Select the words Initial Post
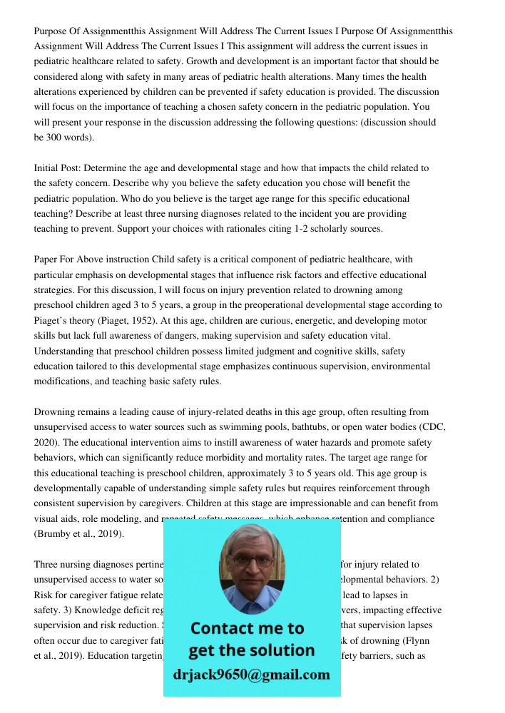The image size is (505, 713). [57, 168]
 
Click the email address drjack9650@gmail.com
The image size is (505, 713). [251, 674]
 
